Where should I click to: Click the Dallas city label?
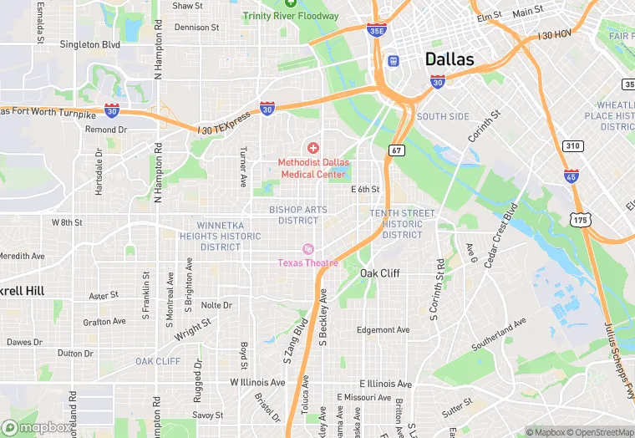click(x=450, y=59)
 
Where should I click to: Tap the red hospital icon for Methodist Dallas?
click(x=313, y=148)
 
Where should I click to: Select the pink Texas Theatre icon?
click(x=307, y=249)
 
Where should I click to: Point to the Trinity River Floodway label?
click(x=291, y=16)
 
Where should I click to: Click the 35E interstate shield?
click(x=376, y=30)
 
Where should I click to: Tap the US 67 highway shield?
click(x=396, y=150)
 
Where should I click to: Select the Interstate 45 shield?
click(x=571, y=176)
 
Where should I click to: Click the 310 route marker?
click(x=572, y=145)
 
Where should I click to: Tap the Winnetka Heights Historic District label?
click(x=228, y=236)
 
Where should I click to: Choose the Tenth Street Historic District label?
click(x=402, y=224)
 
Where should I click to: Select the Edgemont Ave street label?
click(x=384, y=330)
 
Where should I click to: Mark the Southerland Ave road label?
click(x=499, y=334)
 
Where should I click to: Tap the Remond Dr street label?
click(x=106, y=130)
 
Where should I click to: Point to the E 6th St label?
click(x=365, y=190)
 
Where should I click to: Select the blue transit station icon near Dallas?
click(x=393, y=60)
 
